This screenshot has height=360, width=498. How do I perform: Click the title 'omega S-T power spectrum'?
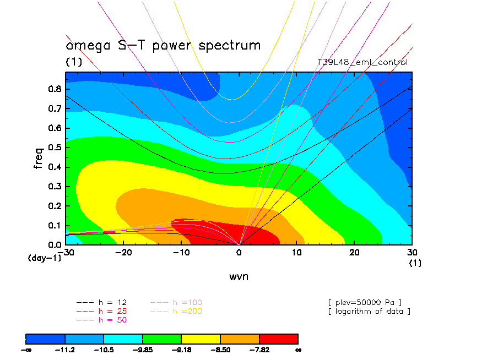coord(163,45)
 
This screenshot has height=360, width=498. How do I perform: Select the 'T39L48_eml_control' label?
coord(362,62)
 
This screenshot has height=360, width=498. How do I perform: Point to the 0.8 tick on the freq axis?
coord(55,89)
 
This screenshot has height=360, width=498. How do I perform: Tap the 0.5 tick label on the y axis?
coord(55,148)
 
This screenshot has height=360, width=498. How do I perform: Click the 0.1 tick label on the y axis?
coord(55,225)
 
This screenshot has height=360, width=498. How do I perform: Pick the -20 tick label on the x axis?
coord(123,252)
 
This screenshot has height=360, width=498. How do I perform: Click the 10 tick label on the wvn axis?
coord(296,252)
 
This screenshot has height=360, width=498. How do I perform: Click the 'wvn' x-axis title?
coord(239,276)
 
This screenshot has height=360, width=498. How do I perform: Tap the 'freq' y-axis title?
coord(39,156)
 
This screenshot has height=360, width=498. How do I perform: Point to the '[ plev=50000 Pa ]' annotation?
coord(365,302)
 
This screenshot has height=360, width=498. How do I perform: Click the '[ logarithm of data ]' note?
coord(369,311)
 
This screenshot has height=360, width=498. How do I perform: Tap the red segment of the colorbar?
coord(279,338)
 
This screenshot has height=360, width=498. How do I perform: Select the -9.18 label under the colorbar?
coord(182,350)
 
